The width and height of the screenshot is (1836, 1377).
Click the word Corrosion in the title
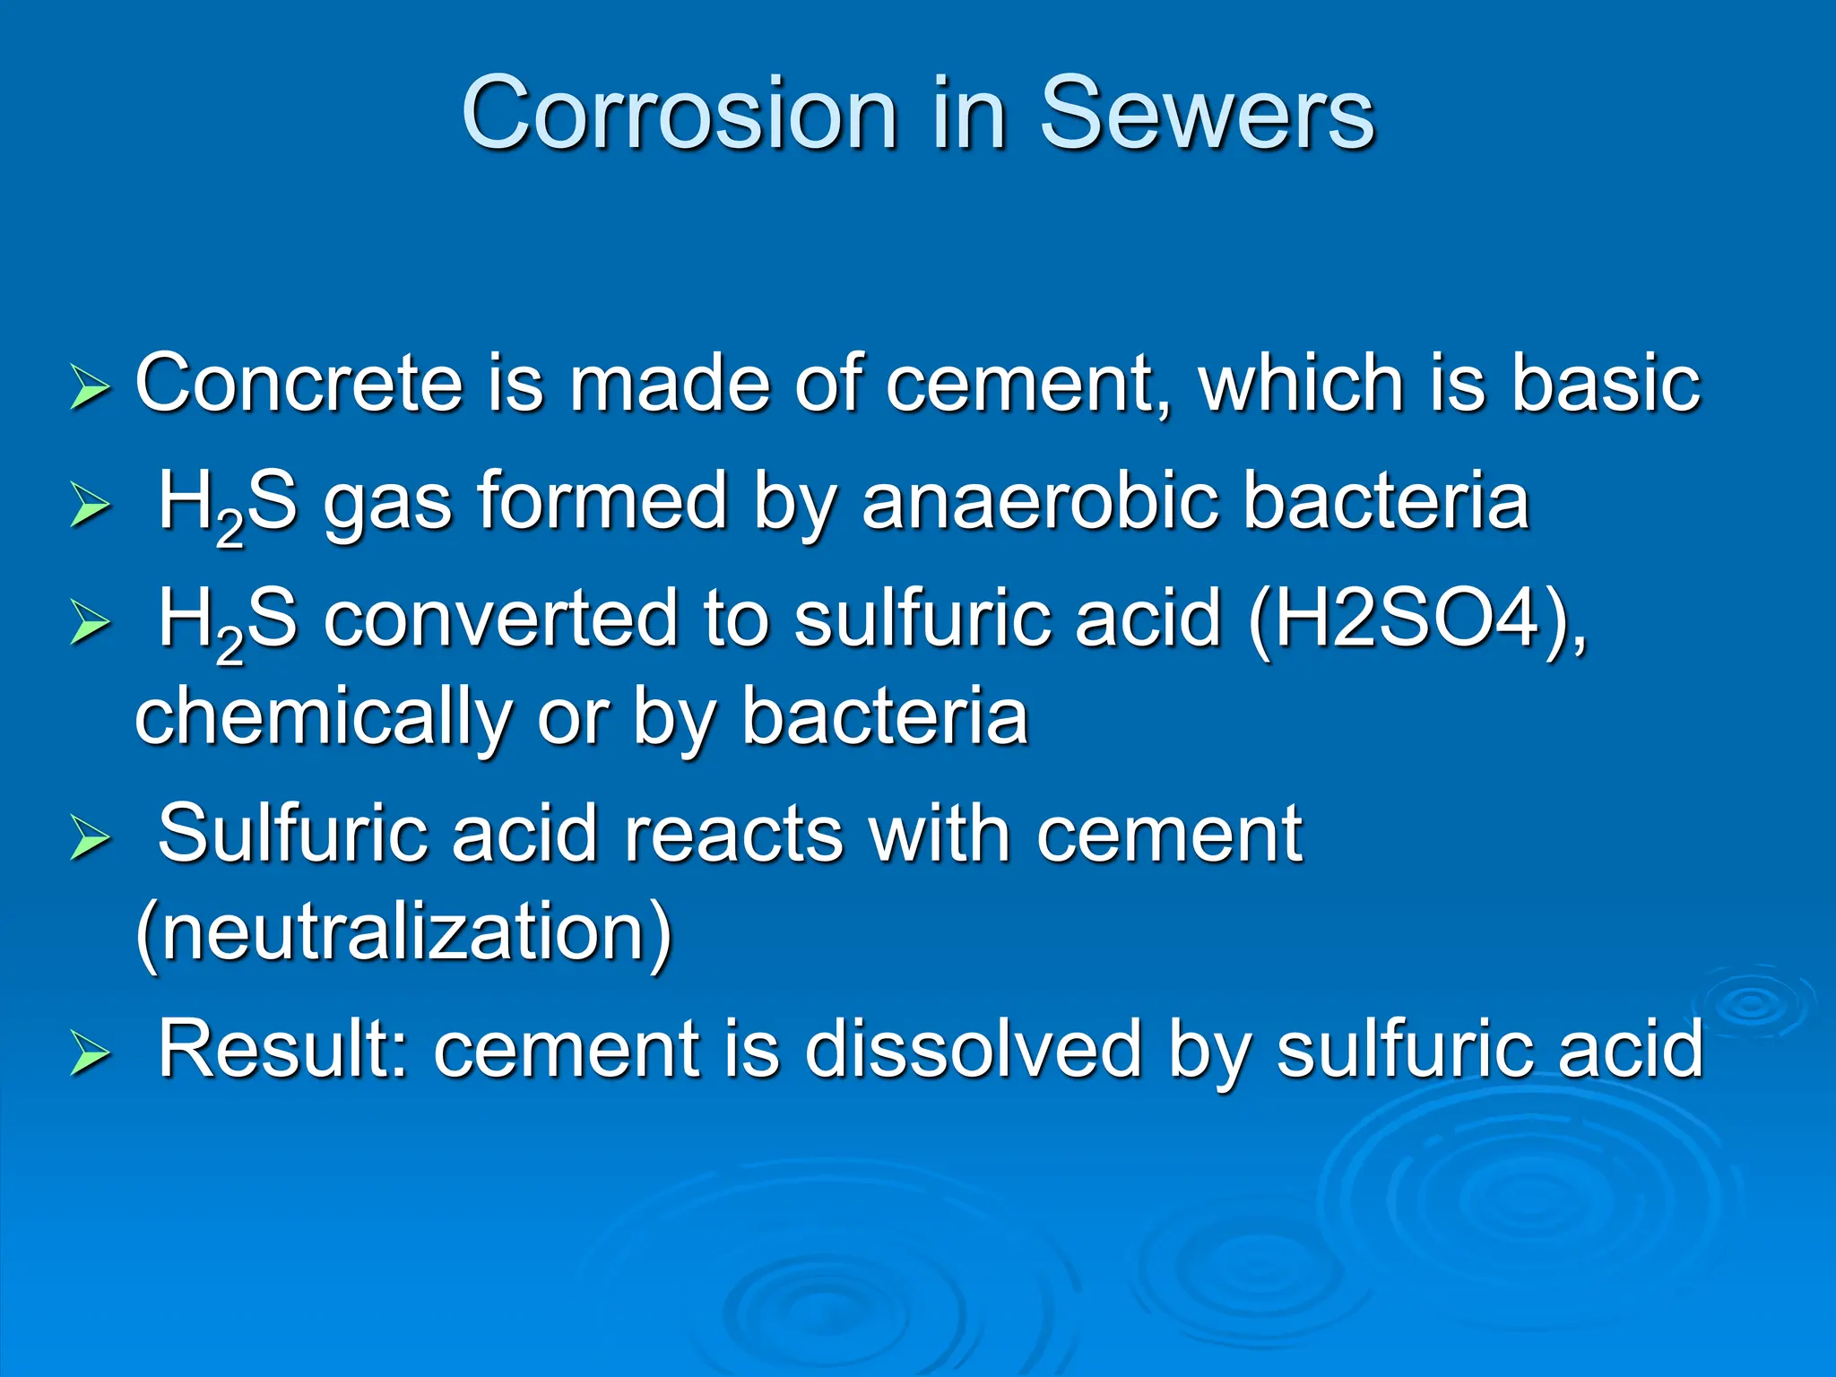tap(680, 114)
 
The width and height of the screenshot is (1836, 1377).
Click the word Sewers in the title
tap(1206, 114)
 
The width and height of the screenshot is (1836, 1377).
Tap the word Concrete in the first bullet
tap(298, 384)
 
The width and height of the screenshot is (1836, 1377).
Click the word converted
tap(500, 619)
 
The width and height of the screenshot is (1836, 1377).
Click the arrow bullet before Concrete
tap(90, 391)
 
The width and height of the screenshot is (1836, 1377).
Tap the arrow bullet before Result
tap(90, 1056)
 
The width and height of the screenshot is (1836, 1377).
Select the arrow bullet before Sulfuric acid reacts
tap(90, 841)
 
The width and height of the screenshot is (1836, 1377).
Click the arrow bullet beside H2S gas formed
tap(90, 507)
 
